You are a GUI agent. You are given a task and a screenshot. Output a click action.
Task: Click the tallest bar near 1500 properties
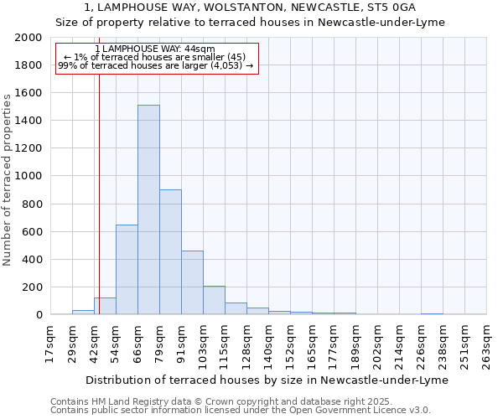pos(148,209)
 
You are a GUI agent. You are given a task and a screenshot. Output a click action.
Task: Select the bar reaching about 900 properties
pos(170,251)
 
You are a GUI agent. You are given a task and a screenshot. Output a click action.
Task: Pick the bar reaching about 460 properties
pos(192,282)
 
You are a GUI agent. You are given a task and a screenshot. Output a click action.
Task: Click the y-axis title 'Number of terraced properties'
pos(8,179)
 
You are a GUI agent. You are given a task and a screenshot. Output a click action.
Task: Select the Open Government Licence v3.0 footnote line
pos(241,411)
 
